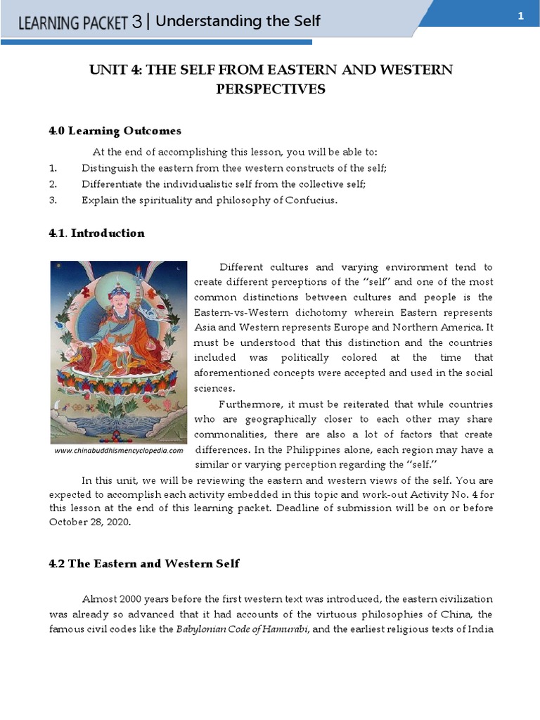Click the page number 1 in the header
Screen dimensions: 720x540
coord(521,16)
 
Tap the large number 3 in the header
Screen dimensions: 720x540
coord(136,22)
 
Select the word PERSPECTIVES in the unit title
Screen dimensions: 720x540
coord(270,89)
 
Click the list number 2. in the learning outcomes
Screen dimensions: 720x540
coord(53,184)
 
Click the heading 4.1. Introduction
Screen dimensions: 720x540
coord(97,233)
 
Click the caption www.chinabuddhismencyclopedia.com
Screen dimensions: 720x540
coord(119,451)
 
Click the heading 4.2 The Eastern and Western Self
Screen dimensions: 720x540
coord(144,563)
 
